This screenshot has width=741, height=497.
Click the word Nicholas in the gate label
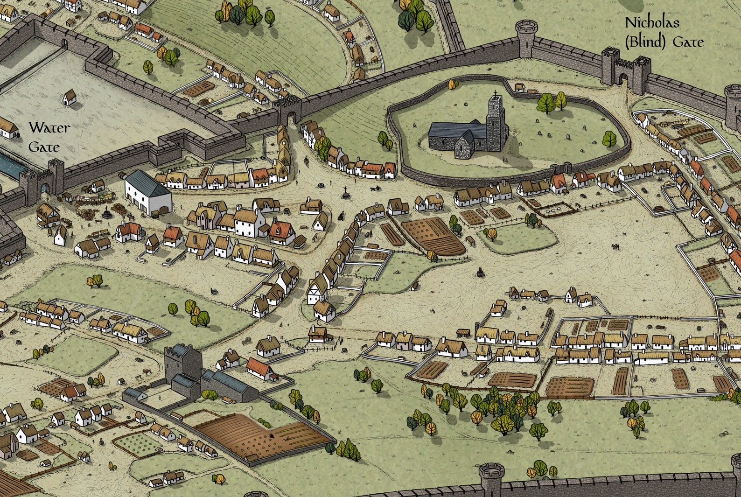click(652, 22)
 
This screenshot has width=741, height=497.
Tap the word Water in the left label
click(49, 127)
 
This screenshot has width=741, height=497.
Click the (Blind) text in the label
click(645, 42)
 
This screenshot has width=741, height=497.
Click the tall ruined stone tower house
click(183, 369)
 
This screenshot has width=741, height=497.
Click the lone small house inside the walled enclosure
click(69, 98)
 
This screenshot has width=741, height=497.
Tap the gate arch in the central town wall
click(291, 116)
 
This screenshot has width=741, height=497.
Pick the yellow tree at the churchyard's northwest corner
click(451, 85)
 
